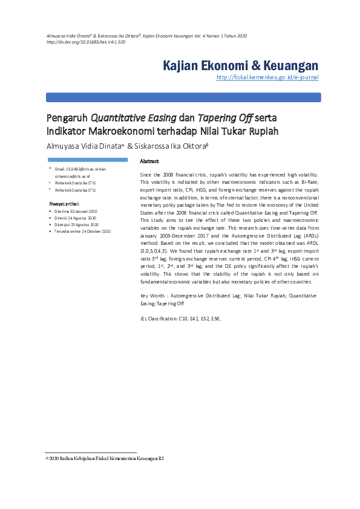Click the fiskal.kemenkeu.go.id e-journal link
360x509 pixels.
[267, 78]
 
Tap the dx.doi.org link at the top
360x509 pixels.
[86, 43]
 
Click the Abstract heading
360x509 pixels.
[149, 161]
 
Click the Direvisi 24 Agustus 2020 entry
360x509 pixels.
[75, 218]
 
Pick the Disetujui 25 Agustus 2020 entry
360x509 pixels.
[76, 224]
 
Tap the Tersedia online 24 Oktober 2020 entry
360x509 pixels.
[82, 231]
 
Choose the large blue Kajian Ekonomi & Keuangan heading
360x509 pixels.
[241, 65]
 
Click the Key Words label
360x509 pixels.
[153, 295]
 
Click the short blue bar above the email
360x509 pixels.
[87, 160]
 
